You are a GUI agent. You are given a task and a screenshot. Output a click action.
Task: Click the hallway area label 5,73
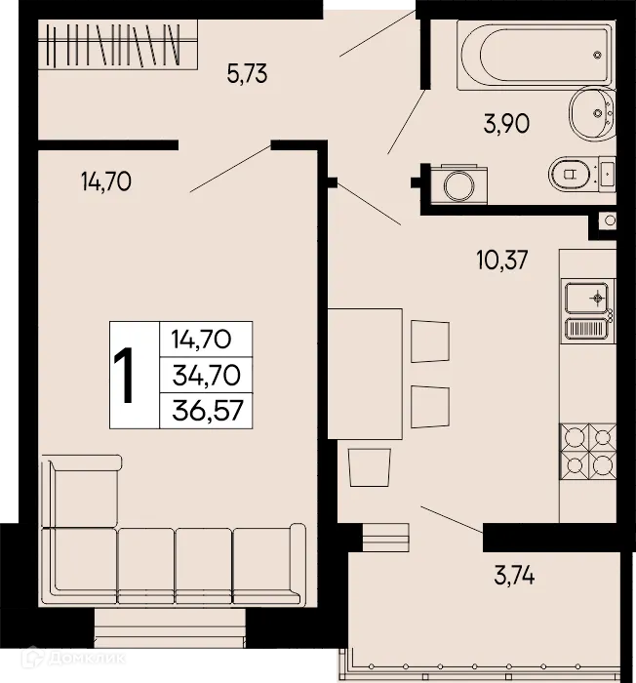coord(247,73)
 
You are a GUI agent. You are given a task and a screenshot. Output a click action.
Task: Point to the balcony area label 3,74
coord(514,578)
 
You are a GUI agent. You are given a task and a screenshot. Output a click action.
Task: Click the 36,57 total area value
coord(205,409)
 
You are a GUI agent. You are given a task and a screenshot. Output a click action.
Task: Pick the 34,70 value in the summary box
coord(205,375)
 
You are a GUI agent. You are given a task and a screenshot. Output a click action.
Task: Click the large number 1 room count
coord(125,376)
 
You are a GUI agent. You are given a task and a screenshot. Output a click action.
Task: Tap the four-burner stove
coord(589,451)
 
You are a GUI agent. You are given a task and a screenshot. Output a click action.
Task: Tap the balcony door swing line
coord(451,518)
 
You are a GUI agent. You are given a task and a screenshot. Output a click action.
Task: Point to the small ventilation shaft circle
coord(610,222)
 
